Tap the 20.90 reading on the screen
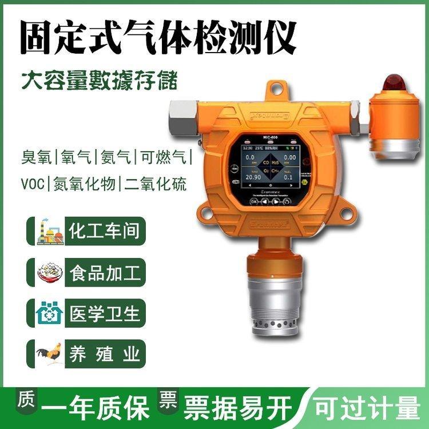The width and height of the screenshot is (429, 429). [x=254, y=178]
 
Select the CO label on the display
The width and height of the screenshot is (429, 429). [x=266, y=163]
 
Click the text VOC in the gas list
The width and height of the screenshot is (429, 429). [x=34, y=184]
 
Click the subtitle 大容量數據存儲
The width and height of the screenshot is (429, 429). [x=98, y=80]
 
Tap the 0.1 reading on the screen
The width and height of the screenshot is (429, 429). [x=290, y=178]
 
